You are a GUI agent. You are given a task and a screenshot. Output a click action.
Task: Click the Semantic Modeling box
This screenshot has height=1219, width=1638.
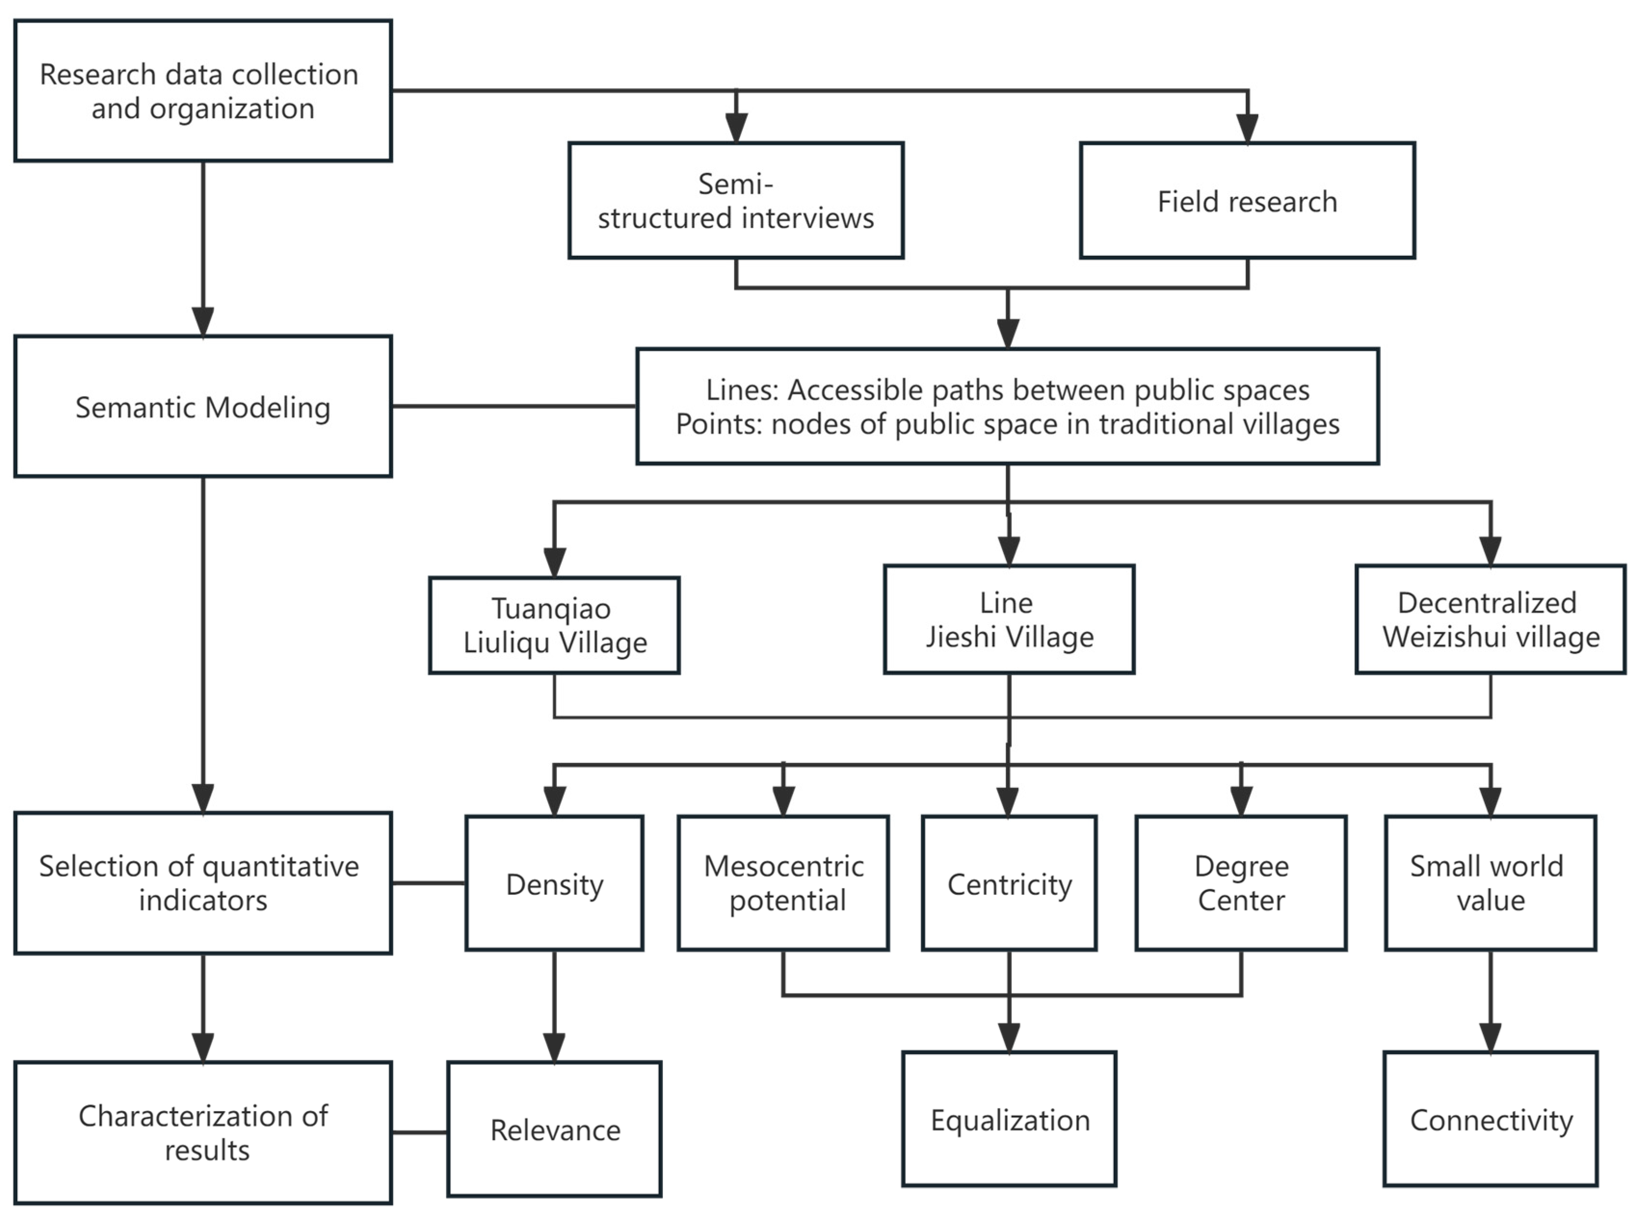(x=203, y=406)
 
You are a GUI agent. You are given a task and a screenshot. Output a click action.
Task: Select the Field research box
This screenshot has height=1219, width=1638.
(x=1247, y=201)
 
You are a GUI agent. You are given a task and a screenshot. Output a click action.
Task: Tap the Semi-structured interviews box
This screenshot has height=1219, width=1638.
(x=735, y=201)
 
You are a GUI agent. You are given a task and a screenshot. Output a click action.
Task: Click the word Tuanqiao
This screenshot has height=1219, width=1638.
(x=552, y=609)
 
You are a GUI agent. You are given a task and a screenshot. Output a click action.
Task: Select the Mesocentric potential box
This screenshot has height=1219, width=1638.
(x=783, y=883)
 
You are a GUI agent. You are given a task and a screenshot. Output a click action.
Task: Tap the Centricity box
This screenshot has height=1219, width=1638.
(x=1008, y=883)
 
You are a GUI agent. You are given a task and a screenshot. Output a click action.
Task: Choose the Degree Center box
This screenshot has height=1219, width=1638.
(x=1241, y=883)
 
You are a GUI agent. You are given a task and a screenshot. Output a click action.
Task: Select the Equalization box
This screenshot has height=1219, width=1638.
(x=1008, y=1119)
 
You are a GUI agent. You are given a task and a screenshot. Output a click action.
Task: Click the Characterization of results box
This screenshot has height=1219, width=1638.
(x=203, y=1133)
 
